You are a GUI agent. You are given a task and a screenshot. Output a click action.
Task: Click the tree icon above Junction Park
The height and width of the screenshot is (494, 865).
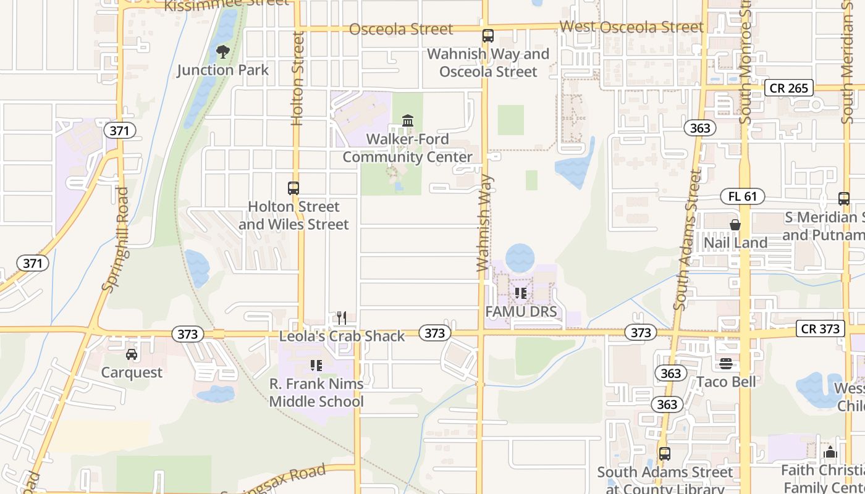point(223,52)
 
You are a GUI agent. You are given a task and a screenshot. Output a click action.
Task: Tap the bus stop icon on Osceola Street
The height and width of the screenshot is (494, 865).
point(488,36)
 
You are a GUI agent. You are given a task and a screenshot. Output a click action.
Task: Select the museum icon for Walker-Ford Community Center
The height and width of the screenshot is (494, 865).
point(408,120)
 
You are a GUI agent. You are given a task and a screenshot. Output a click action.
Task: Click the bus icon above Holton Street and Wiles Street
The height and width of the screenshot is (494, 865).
point(293,188)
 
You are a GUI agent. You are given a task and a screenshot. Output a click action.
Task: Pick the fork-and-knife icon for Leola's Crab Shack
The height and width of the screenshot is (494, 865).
point(342,318)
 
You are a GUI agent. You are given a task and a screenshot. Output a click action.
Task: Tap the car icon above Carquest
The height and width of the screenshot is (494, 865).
point(132,354)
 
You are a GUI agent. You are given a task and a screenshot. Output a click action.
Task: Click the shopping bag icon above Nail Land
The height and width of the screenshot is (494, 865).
point(735,225)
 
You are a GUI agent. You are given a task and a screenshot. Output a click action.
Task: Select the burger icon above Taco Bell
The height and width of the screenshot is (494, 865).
point(726,364)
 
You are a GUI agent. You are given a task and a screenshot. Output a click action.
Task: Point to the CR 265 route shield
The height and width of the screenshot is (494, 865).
point(789,88)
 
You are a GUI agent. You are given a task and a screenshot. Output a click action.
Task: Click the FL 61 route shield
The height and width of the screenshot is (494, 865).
point(743,197)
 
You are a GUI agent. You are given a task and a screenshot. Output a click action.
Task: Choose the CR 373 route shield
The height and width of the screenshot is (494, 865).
point(821,329)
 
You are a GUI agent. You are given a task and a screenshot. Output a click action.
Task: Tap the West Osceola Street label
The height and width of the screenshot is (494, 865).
point(631,27)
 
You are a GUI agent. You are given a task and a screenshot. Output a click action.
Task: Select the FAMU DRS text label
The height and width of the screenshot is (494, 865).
point(521,311)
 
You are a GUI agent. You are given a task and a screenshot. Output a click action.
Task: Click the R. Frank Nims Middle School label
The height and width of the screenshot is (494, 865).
point(316,392)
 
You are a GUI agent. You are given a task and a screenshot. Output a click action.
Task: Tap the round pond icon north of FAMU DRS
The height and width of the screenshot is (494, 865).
point(520,257)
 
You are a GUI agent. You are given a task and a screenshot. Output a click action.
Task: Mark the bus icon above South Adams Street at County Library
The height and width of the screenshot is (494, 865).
point(665,454)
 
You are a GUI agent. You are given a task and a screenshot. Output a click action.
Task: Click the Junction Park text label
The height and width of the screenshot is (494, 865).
point(223,70)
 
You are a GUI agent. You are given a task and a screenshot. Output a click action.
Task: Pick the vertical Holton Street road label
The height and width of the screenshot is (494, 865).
point(298,78)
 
